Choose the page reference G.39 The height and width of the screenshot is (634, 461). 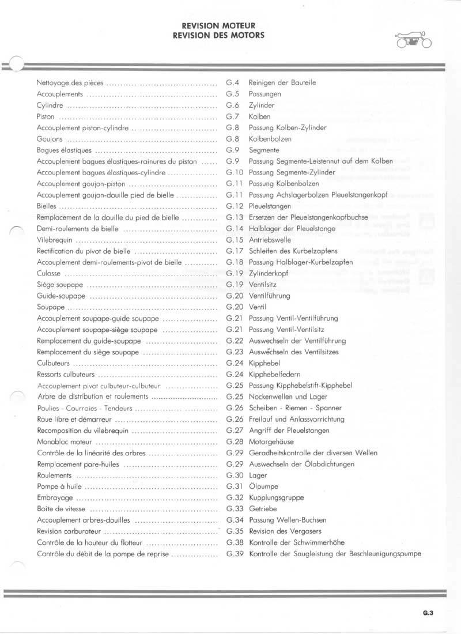tap(236, 554)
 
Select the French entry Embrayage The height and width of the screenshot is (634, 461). tap(55, 497)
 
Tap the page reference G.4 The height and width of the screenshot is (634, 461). tap(233, 82)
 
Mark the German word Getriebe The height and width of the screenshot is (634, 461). tap(263, 509)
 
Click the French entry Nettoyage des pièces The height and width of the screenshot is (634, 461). tap(70, 82)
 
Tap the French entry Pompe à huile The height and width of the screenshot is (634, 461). tap(59, 486)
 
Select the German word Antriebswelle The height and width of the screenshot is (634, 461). tap(270, 240)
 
